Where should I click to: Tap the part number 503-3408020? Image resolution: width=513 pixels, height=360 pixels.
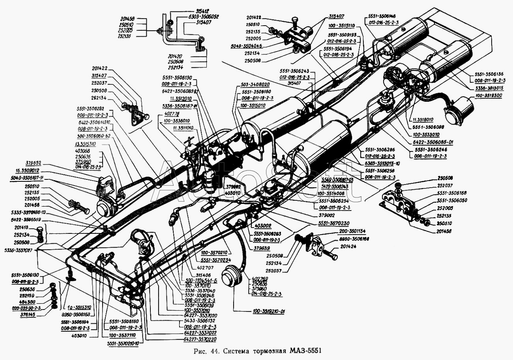[255, 84]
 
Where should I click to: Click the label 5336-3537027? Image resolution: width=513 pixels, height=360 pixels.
[19, 250]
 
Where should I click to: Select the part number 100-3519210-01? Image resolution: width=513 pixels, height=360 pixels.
[269, 312]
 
